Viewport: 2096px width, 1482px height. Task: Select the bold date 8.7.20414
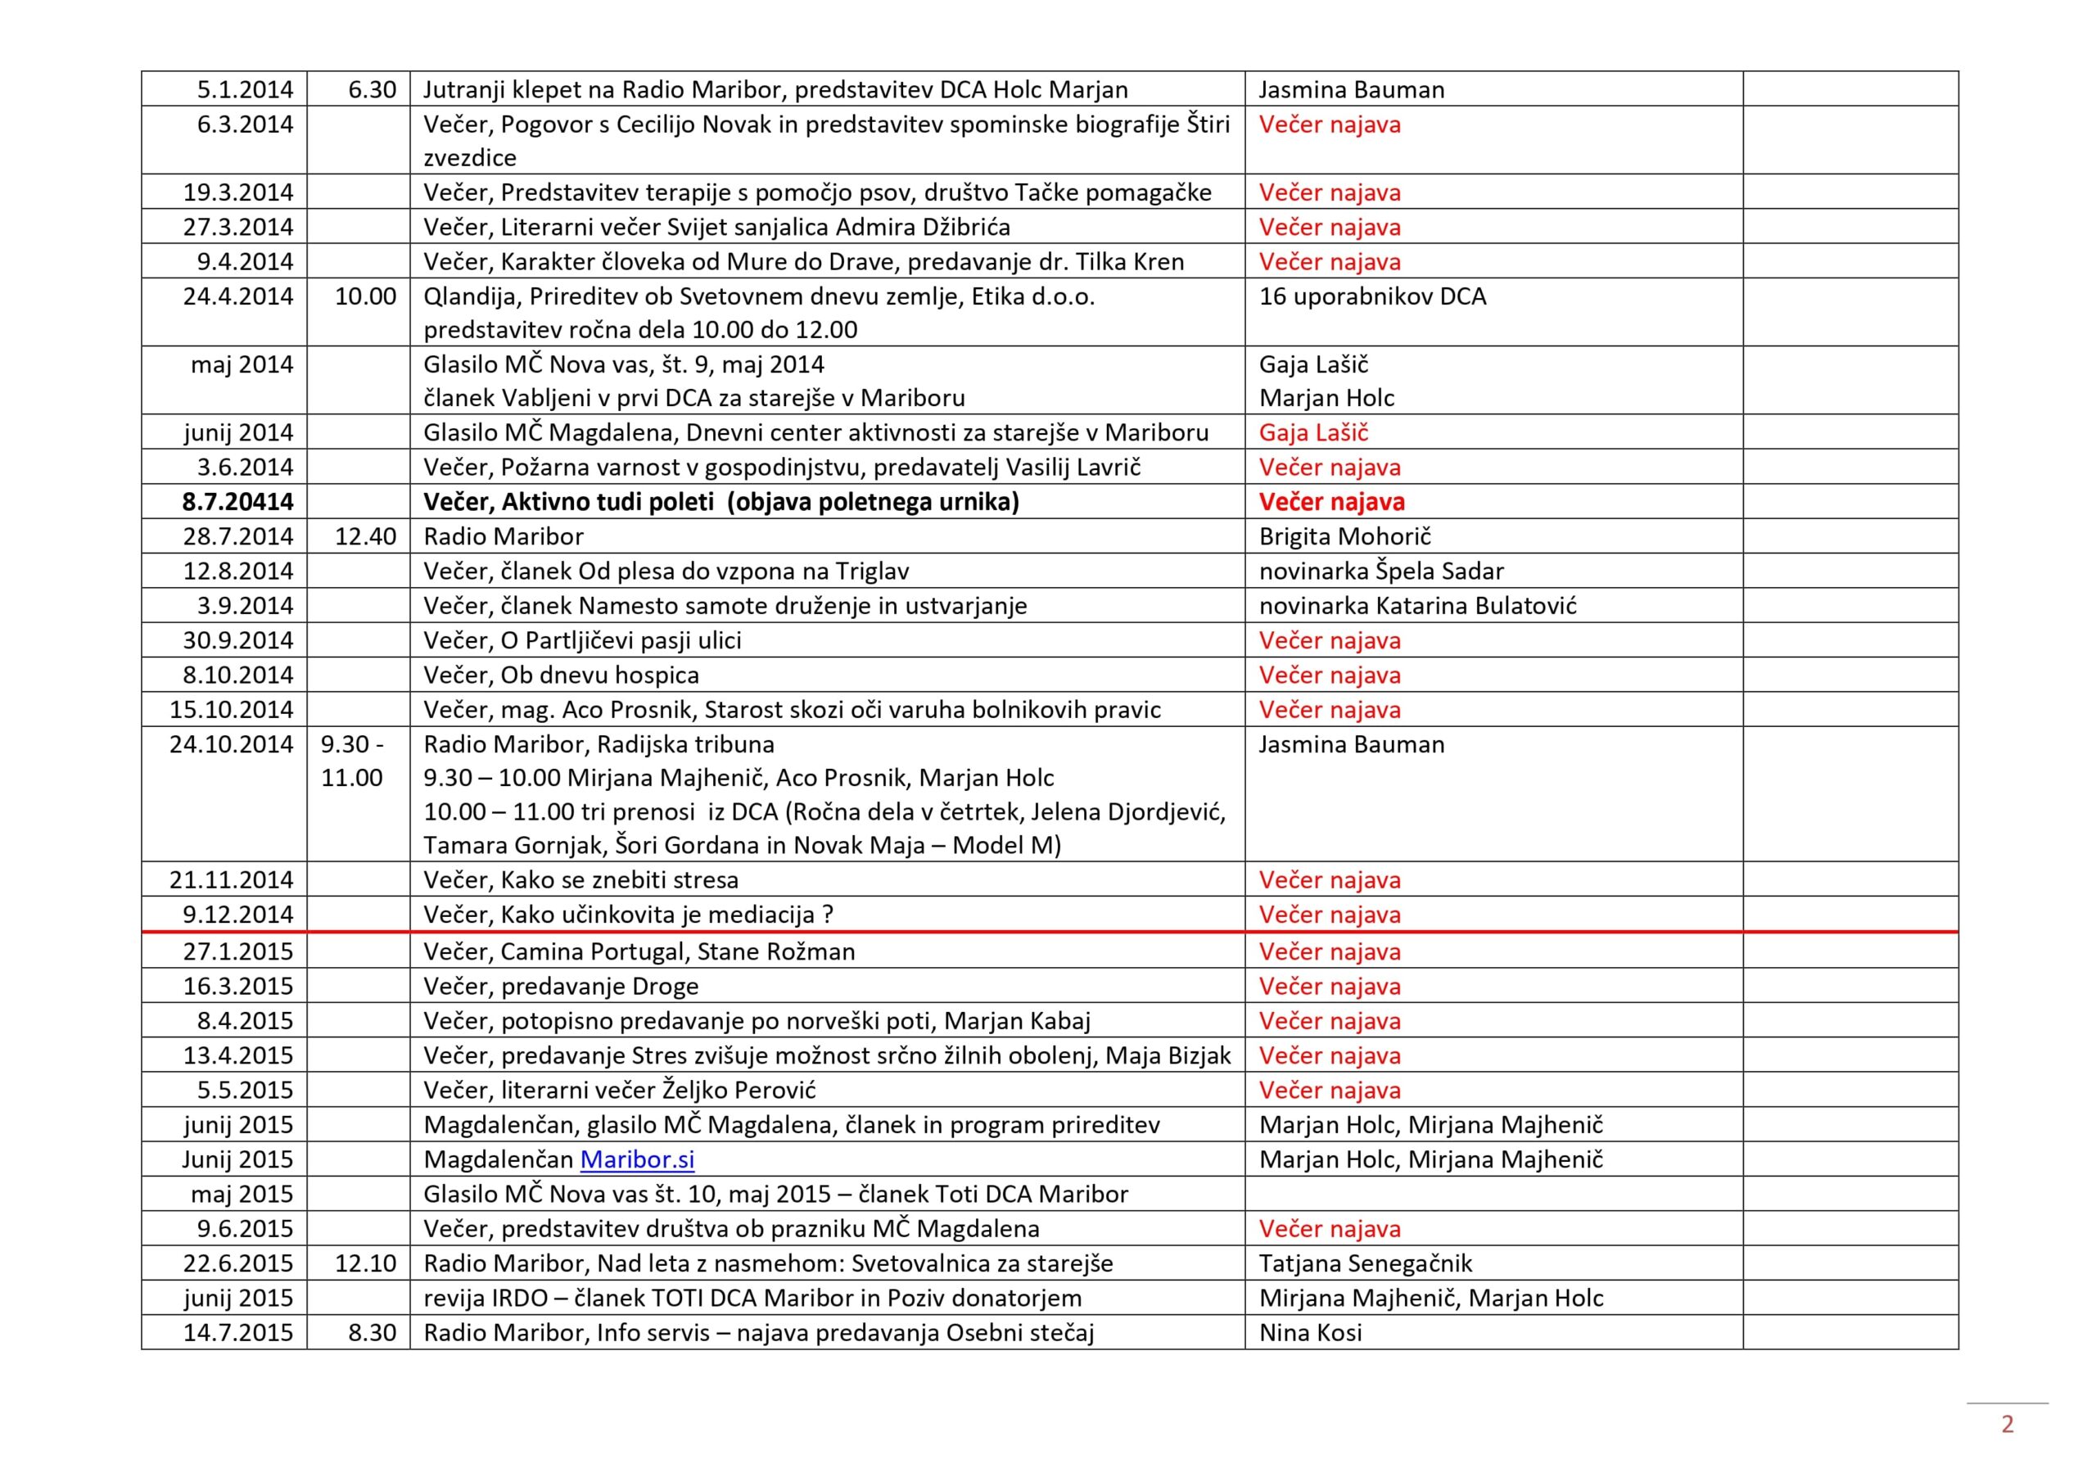click(237, 501)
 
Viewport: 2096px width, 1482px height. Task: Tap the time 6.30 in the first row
click(372, 89)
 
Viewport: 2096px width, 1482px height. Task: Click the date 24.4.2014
click(237, 296)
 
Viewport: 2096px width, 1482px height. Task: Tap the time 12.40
click(365, 536)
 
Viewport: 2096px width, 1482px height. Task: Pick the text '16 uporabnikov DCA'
click(1372, 296)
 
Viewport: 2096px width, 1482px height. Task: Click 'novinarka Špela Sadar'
click(1380, 571)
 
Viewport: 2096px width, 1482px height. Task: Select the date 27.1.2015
click(237, 951)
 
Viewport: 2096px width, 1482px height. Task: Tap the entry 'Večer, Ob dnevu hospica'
click(561, 675)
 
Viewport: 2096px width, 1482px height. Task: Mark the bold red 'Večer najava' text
click(1331, 501)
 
